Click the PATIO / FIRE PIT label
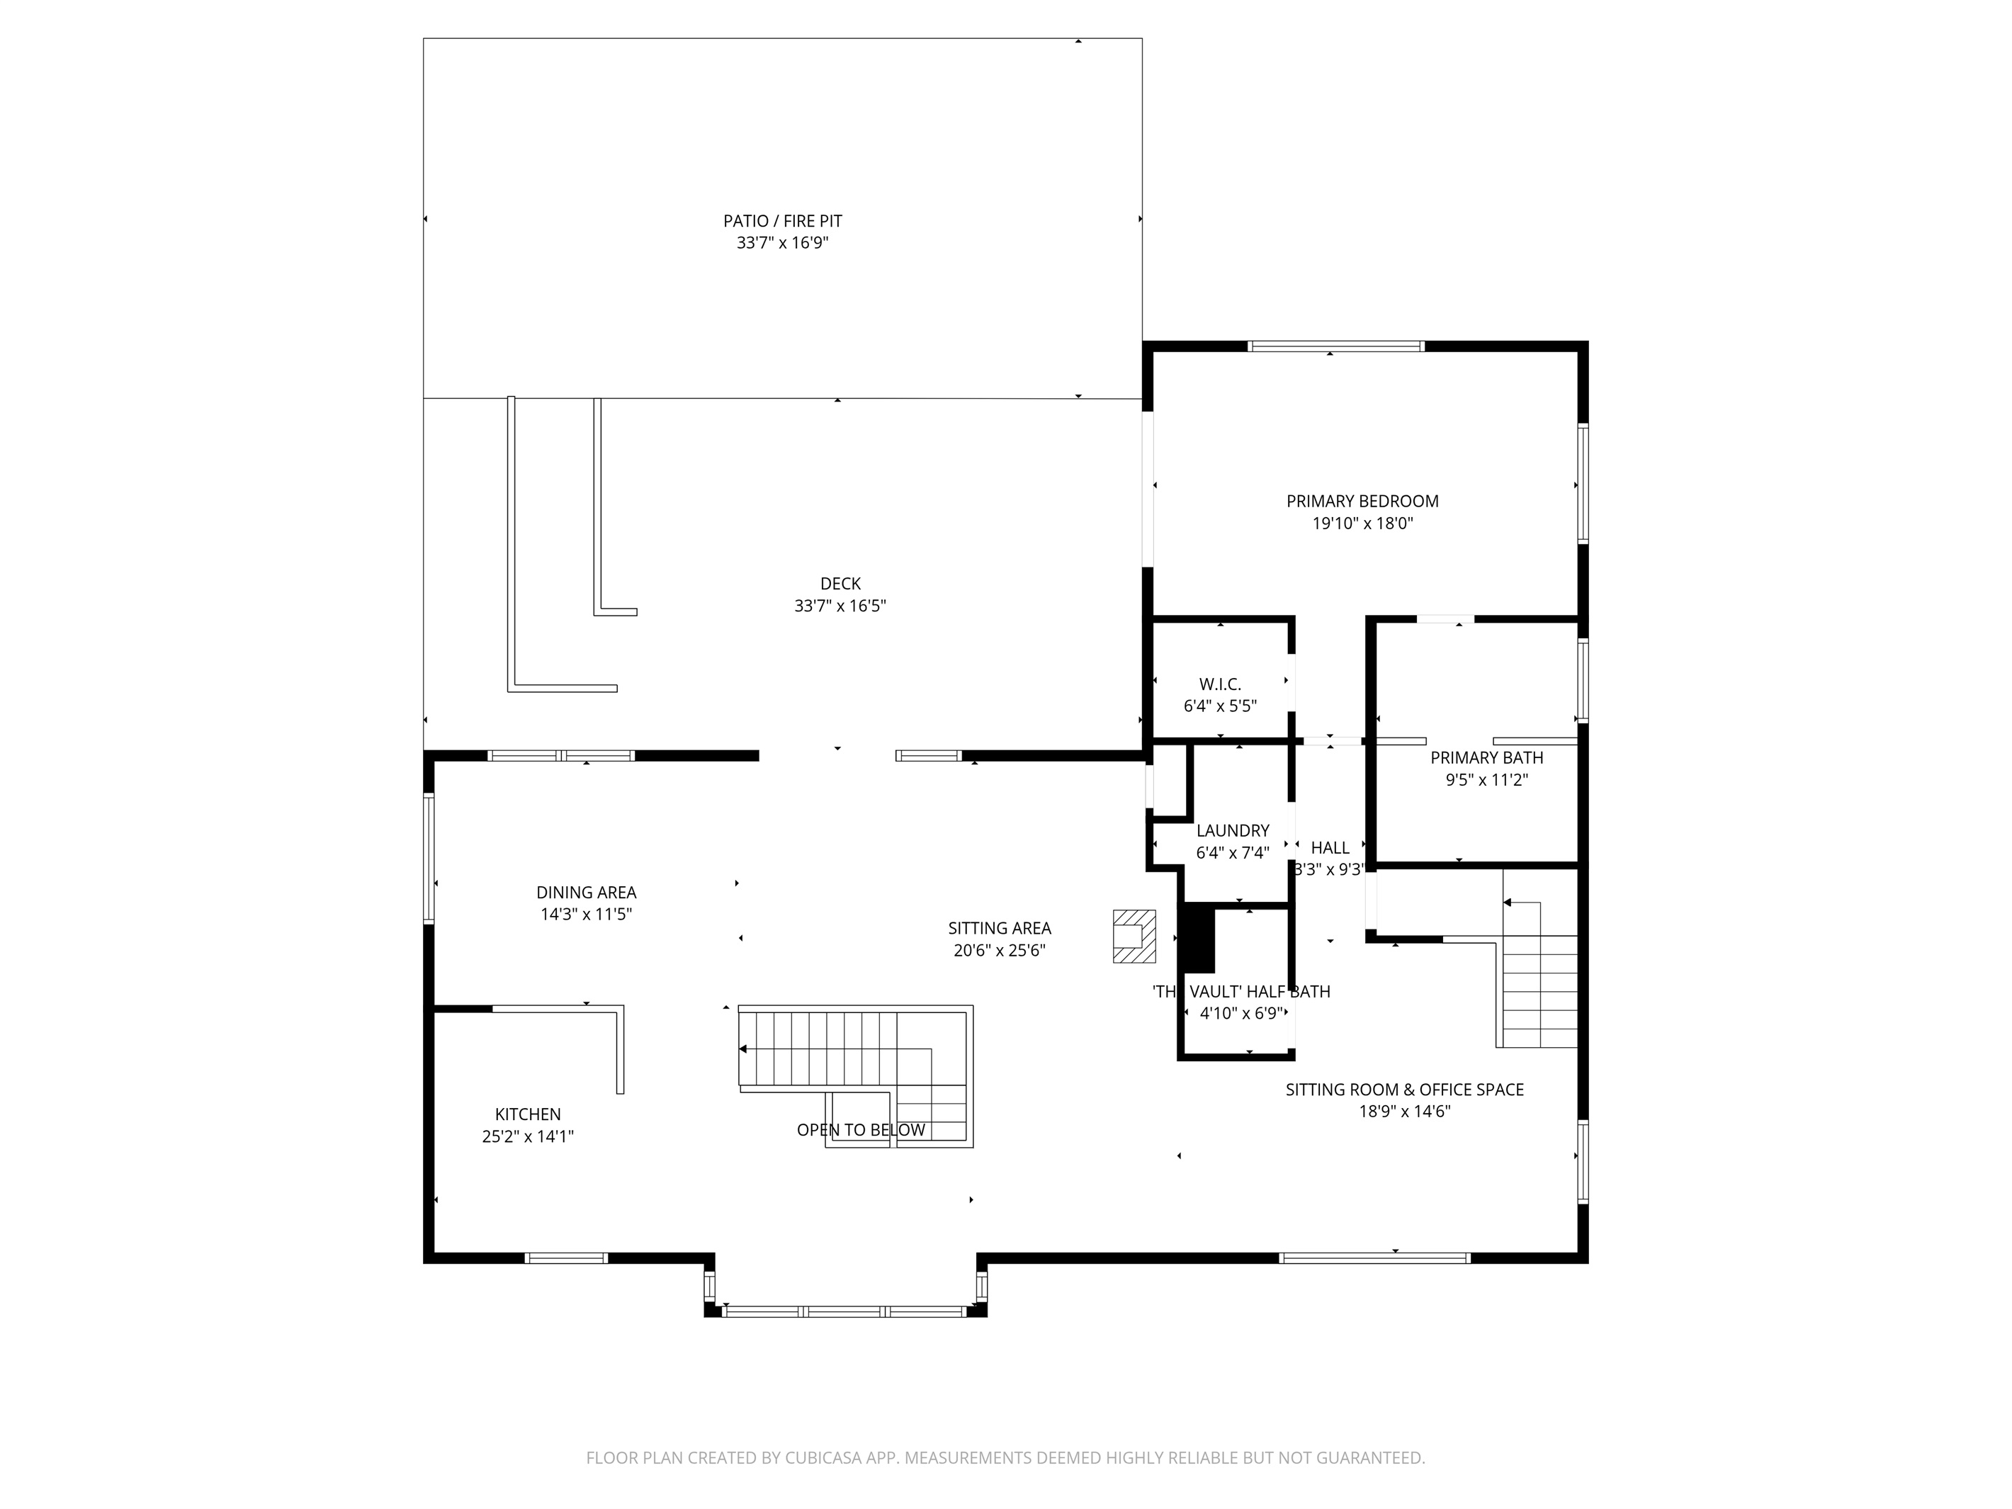click(782, 221)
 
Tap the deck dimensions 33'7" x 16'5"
click(840, 606)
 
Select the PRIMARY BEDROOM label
click(1362, 501)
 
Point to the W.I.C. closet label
click(1220, 684)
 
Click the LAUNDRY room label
click(1233, 830)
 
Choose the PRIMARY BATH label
click(1486, 757)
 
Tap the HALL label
click(1330, 848)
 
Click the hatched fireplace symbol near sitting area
click(1134, 936)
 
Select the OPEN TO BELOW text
click(861, 1130)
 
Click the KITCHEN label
click(528, 1114)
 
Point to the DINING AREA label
click(586, 893)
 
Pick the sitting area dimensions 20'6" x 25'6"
click(999, 951)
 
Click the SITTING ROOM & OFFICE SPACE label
click(1403, 1090)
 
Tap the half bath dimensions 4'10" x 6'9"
click(1240, 1013)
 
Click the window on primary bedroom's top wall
click(1334, 346)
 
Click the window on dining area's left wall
click(429, 858)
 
